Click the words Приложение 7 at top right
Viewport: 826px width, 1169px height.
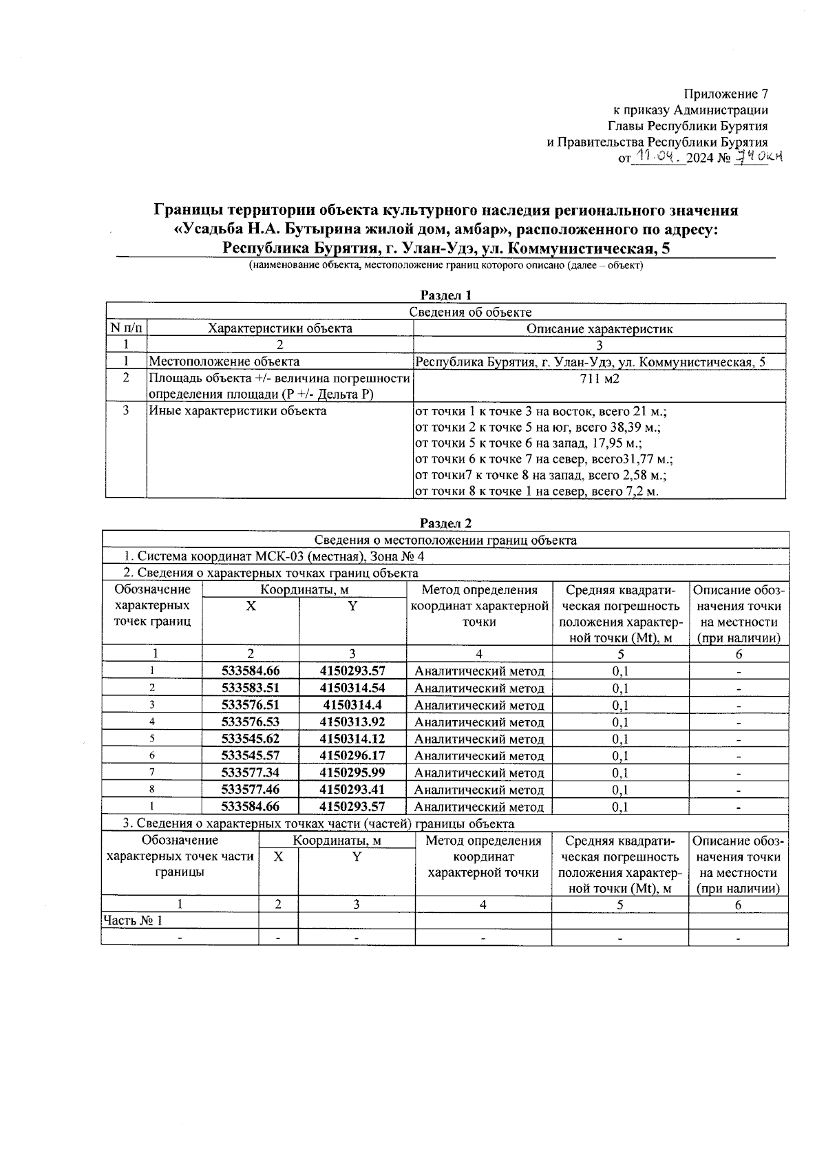[x=725, y=94]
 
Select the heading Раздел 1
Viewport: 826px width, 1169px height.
[x=445, y=295]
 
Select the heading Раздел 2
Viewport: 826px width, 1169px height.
[x=445, y=524]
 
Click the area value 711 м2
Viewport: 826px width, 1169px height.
[x=599, y=379]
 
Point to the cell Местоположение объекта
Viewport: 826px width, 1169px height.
[x=224, y=361]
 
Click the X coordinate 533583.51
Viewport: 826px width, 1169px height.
[x=251, y=688]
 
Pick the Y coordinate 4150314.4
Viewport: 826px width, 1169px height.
[x=352, y=705]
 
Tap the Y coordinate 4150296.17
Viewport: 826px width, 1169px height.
[x=352, y=756]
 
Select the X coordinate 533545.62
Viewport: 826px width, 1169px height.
[x=251, y=739]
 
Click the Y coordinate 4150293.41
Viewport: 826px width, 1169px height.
[x=352, y=790]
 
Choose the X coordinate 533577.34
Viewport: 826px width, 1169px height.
[x=251, y=772]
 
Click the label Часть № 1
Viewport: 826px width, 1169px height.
[x=133, y=920]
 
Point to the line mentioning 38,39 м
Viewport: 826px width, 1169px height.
[x=537, y=428]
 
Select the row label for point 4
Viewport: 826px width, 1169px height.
[x=152, y=722]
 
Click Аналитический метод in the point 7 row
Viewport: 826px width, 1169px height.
[x=479, y=773]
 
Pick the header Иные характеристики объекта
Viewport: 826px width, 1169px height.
[x=237, y=412]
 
